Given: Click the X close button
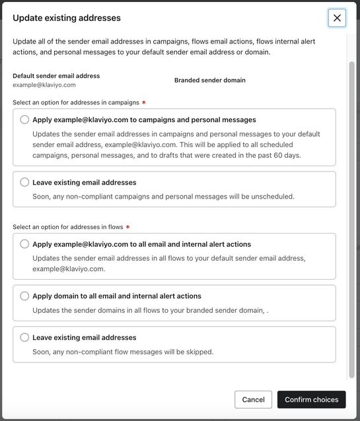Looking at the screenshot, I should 337,18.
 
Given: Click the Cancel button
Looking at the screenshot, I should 253,399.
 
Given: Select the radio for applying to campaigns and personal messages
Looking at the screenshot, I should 24,119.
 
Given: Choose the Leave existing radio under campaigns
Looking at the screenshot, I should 24,182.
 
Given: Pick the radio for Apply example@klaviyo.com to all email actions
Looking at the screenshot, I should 24,244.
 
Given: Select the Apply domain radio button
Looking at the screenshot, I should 24,296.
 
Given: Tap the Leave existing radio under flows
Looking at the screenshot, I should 24,337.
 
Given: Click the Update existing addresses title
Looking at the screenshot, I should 67,18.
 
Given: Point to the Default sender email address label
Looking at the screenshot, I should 56,76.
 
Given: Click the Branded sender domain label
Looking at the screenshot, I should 209,81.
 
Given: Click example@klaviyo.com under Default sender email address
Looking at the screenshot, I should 44,85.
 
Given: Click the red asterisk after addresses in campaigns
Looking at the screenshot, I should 144,103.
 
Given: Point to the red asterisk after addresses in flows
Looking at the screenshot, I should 127,227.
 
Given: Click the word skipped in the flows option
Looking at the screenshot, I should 198,352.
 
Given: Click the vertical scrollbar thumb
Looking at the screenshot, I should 351,211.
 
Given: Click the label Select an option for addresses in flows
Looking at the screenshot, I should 68,227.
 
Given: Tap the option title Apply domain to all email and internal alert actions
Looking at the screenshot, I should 117,296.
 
